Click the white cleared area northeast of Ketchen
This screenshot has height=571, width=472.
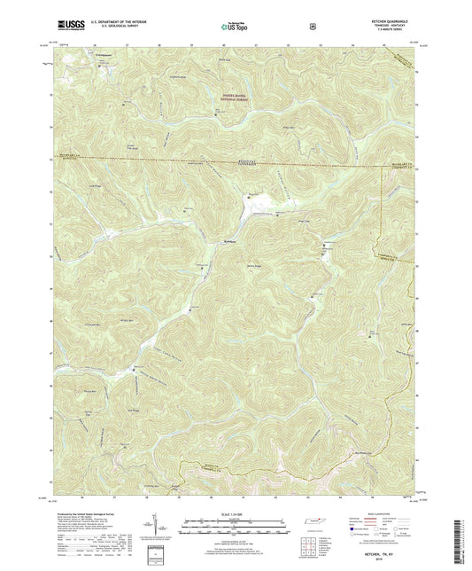(258, 209)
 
